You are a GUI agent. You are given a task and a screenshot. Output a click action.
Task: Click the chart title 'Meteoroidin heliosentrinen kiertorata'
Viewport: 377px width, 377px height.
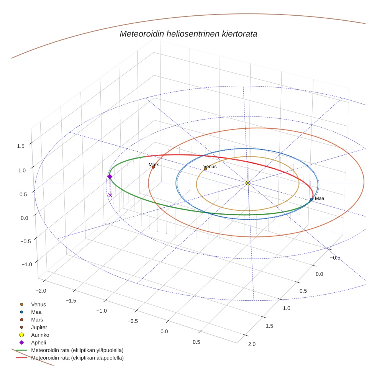188,34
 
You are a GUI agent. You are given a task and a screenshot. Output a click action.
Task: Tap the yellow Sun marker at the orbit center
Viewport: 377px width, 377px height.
248,183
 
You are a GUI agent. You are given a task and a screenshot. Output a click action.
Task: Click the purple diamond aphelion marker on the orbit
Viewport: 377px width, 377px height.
110,177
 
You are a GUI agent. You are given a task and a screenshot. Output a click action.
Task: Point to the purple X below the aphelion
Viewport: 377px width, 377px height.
110,195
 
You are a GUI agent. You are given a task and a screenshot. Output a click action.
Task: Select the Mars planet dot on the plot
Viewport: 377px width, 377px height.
153,167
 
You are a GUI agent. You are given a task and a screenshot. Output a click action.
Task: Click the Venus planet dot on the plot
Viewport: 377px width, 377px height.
205,169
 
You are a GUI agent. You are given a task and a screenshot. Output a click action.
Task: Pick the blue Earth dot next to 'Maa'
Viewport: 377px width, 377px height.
312,199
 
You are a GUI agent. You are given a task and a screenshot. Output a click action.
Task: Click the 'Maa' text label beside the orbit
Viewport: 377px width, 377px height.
320,198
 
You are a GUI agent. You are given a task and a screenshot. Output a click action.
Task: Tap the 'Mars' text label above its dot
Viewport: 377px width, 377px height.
154,164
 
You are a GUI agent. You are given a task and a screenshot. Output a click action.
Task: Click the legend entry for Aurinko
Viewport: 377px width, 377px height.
40,335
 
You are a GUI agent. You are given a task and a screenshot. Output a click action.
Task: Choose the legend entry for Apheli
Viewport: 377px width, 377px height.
38,343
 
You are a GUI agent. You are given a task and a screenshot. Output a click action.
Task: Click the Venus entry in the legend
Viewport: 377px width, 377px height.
38,304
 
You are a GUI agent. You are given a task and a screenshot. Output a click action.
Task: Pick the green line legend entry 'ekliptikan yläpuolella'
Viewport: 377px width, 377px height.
77,350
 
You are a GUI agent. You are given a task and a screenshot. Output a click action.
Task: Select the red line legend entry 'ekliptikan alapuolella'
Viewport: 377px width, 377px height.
77,358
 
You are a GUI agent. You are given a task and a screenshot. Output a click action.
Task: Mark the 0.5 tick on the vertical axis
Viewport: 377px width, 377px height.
23,194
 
